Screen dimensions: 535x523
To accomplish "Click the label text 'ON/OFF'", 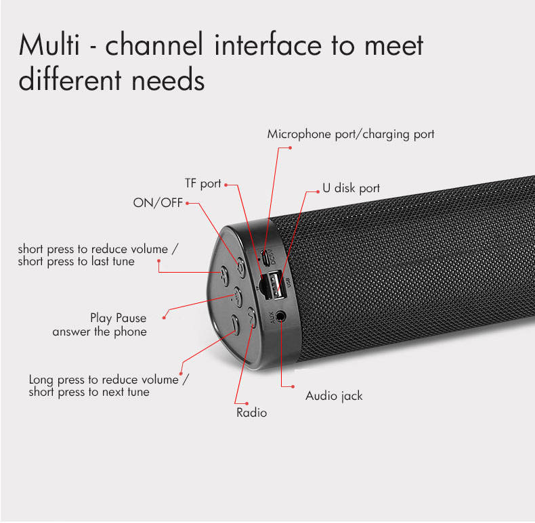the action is coord(158,203).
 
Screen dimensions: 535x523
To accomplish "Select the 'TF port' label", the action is coord(203,184).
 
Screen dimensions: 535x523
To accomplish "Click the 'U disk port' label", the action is coord(351,188).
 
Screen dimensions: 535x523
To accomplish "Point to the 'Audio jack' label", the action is coord(334,395).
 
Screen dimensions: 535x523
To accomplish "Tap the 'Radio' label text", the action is coord(251,412).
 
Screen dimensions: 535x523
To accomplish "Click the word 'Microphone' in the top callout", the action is coord(300,134).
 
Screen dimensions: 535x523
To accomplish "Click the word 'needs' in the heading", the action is coord(169,81).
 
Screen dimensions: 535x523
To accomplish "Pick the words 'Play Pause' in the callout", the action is coord(118,318).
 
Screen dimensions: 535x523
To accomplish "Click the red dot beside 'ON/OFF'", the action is coord(188,203).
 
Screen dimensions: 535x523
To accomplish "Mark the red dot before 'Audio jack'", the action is coord(293,387).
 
